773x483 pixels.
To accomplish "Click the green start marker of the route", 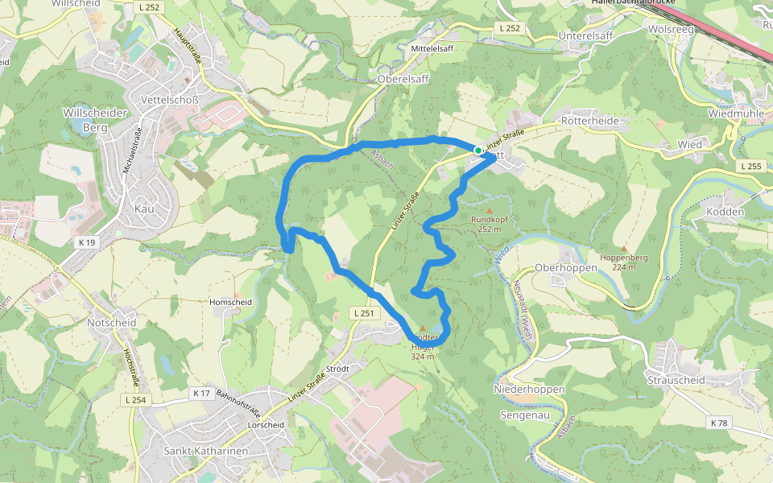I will (x=478, y=151).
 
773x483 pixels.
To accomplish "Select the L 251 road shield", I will (x=364, y=312).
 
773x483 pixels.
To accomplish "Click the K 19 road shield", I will (x=86, y=242).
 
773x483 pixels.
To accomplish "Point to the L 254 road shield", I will (x=136, y=399).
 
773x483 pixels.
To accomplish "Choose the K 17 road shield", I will (x=200, y=393).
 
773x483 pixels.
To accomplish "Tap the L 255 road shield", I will (x=749, y=166).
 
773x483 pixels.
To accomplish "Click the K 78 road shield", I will (x=719, y=423).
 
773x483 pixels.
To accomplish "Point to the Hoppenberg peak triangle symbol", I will (x=624, y=249).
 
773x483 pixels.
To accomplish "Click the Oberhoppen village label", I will (x=565, y=267).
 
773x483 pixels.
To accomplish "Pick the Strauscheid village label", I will (x=676, y=379).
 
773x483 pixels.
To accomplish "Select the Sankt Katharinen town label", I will (x=205, y=451).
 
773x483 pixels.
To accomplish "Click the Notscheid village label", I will (x=112, y=322).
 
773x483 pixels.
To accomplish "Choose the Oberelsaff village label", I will (x=403, y=79).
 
